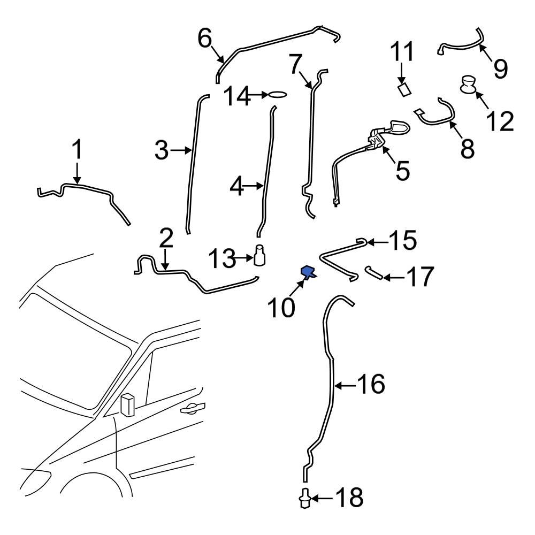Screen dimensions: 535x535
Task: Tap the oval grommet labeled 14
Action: (278, 95)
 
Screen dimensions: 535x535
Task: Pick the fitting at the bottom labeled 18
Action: (304, 499)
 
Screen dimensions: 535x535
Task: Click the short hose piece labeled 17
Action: (374, 273)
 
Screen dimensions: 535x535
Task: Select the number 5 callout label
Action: (402, 171)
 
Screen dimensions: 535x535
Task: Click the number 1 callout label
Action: (78, 150)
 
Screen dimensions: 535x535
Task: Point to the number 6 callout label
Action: (205, 38)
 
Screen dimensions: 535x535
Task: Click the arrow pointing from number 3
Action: (181, 151)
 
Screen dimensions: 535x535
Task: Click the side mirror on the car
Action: (127, 404)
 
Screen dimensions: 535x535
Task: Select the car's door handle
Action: (193, 409)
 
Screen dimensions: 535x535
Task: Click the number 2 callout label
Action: (166, 238)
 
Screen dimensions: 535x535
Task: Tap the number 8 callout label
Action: (467, 149)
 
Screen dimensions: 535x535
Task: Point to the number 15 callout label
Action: (402, 241)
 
